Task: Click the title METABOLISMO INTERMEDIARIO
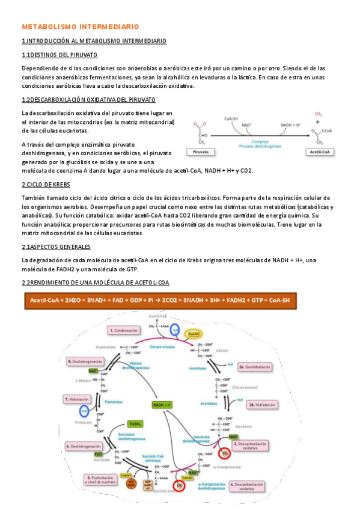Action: coord(81,27)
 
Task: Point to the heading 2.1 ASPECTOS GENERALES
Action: coord(56,247)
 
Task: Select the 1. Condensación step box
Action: coord(127,330)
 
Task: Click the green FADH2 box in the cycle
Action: coord(138,425)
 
